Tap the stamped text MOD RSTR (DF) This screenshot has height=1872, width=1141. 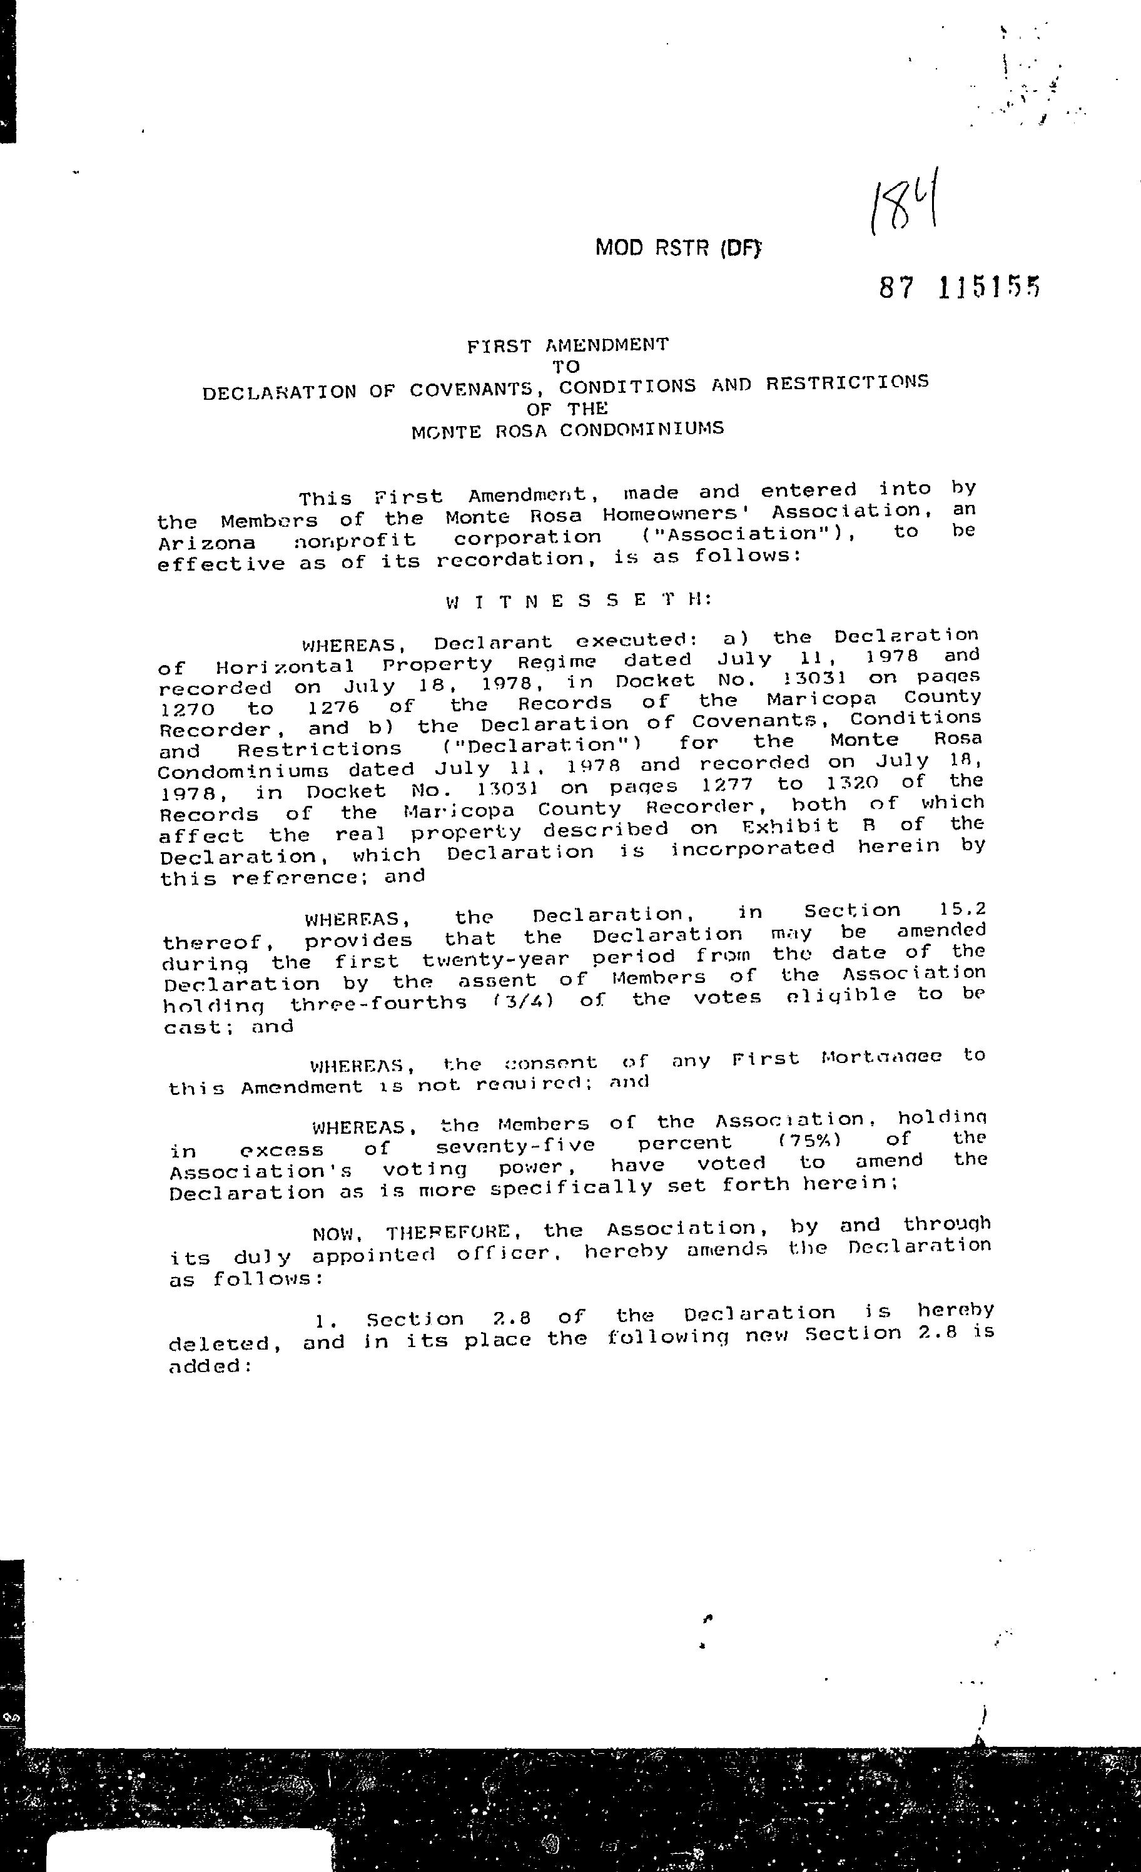point(677,248)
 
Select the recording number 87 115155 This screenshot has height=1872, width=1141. point(959,287)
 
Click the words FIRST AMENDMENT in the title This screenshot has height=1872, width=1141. point(568,345)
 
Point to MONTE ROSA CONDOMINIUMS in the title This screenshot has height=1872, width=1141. point(567,430)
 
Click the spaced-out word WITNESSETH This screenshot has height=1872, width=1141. point(579,601)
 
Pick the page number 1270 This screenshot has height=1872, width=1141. point(187,710)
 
